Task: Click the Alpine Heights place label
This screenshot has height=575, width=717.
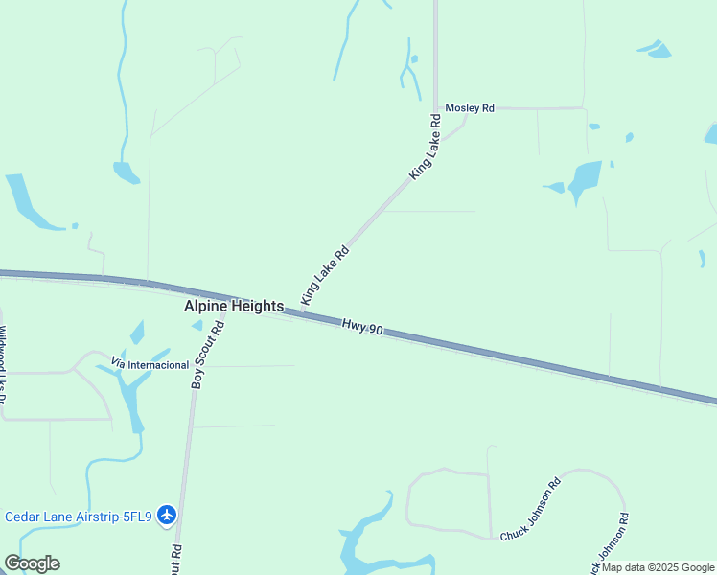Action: click(234, 307)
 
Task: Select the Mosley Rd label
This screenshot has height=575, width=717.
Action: click(469, 109)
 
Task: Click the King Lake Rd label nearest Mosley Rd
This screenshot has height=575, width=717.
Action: click(424, 147)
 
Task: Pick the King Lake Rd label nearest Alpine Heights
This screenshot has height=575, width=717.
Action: click(324, 275)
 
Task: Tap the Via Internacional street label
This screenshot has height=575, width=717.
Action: click(150, 364)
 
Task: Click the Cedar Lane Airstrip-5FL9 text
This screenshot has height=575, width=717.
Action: click(79, 517)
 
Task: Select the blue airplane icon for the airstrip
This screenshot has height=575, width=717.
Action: click(168, 516)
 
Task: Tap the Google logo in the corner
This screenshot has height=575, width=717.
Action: click(32, 563)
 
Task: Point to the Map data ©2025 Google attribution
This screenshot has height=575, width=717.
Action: click(658, 567)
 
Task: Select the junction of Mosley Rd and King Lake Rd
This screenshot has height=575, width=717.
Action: click(436, 108)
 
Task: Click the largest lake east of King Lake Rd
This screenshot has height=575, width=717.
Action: click(584, 178)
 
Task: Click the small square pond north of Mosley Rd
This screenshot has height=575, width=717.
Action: click(414, 59)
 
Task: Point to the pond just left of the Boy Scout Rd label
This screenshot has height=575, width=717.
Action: click(197, 326)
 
